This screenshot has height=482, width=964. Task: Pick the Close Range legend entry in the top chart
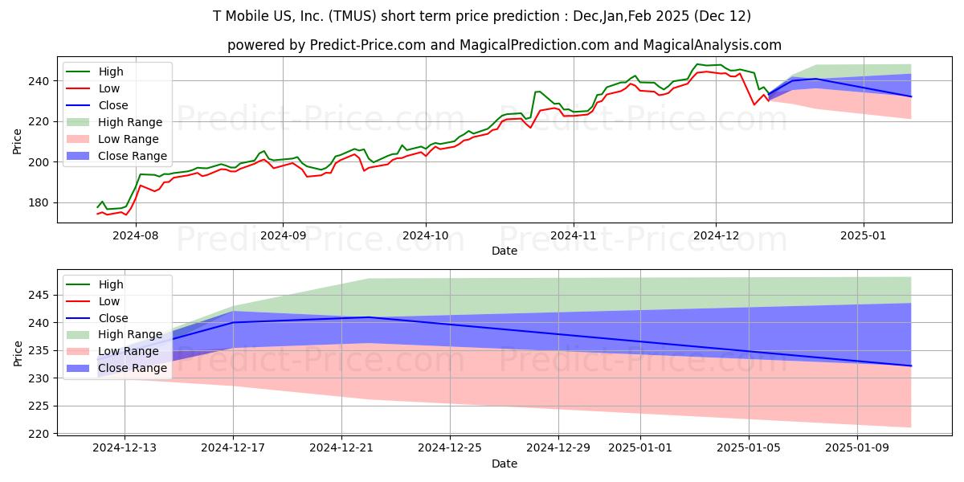132,156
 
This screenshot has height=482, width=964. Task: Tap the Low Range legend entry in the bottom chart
129,352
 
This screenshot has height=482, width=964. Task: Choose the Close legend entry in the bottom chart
112,318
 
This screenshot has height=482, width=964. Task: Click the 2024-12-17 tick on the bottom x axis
233,448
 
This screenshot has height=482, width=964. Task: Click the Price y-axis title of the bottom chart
18,353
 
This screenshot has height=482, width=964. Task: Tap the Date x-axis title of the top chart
504,251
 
